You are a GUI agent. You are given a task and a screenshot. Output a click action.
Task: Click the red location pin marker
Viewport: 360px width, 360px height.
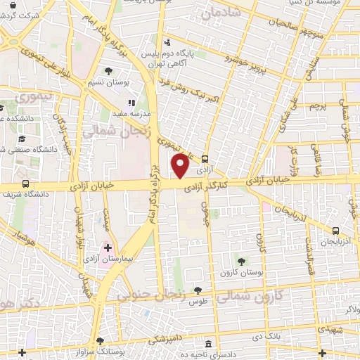pos(181,166)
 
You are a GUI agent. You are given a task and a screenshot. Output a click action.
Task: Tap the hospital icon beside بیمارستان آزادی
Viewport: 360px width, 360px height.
pos(108,248)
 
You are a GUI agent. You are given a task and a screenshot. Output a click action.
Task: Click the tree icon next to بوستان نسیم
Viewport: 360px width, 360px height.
pos(108,71)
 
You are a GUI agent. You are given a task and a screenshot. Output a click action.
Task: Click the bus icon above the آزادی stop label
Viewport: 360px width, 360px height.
pos(205,159)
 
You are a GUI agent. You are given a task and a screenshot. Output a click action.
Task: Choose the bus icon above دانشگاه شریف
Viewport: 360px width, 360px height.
pos(25,184)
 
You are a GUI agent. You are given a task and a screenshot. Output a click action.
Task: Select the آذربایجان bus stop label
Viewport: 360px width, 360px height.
pos(335,241)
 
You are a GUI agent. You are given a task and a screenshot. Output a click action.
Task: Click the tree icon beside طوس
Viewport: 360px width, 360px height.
pos(198,289)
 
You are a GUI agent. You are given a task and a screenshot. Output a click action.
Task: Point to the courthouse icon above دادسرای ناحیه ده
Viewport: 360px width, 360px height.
pos(210,343)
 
